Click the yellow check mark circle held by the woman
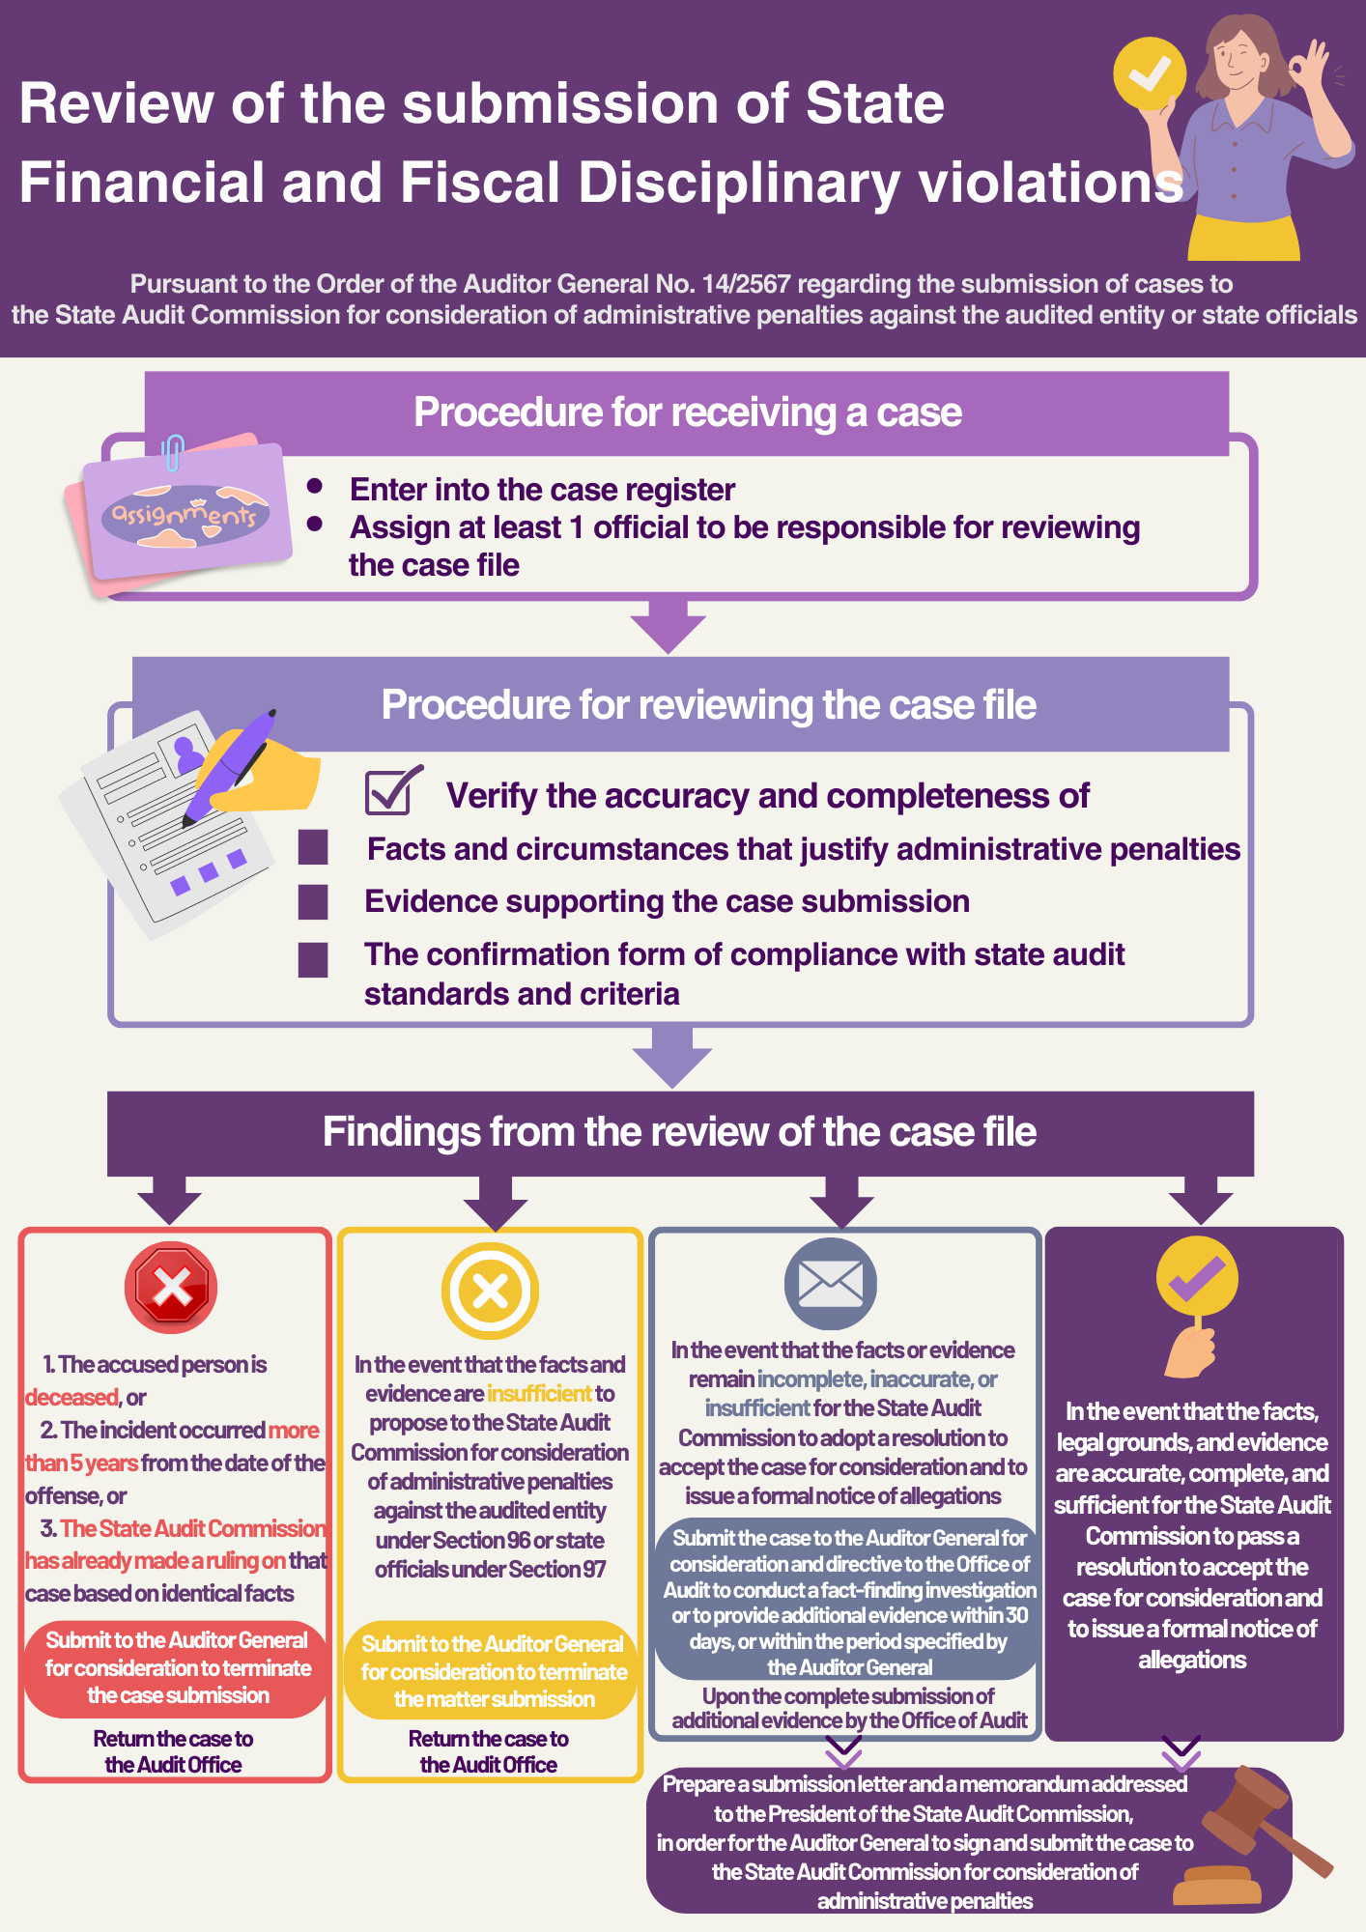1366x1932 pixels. point(1150,73)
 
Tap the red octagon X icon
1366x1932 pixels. point(171,1287)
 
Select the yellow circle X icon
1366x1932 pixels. point(490,1291)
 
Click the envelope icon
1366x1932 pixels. point(831,1284)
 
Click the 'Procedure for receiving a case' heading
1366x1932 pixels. point(687,412)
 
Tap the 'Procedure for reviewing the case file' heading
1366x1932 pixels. point(708,705)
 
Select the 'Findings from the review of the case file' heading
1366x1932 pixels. point(679,1132)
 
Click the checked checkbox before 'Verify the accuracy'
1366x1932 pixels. point(393,790)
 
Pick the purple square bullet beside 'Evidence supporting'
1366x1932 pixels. point(313,901)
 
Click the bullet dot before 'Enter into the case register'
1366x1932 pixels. point(314,486)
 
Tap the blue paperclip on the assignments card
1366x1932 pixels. point(173,452)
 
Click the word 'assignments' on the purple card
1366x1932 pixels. point(184,514)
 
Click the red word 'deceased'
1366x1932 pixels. point(71,1397)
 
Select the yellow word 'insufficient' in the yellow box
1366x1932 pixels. point(539,1393)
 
